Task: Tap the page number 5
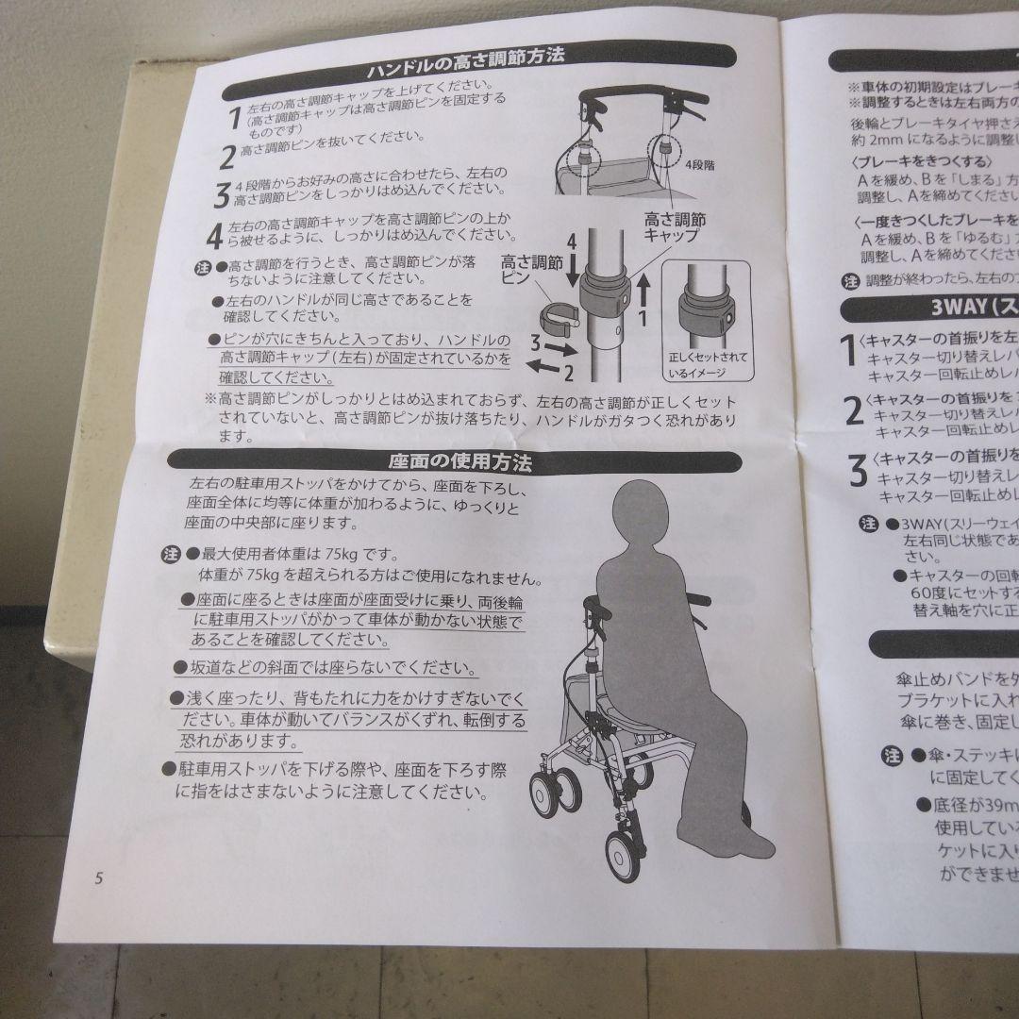click(x=98, y=877)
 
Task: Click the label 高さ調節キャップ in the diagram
click(x=674, y=226)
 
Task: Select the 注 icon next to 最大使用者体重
click(x=170, y=553)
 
